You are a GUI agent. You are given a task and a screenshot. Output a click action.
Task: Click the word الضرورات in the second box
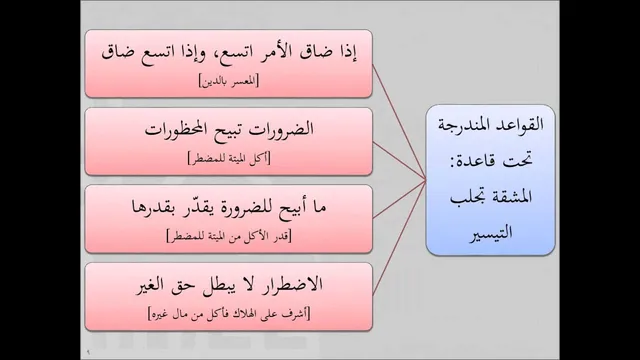click(x=282, y=130)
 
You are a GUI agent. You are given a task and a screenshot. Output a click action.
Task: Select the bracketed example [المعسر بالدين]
click(x=229, y=81)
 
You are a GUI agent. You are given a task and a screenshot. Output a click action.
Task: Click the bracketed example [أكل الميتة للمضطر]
click(x=229, y=158)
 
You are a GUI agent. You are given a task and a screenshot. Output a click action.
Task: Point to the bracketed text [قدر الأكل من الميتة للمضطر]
click(x=229, y=236)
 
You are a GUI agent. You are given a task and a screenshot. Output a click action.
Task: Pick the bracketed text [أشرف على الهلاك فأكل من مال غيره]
click(x=229, y=314)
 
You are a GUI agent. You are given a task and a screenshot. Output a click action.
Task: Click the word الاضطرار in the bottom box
click(x=290, y=284)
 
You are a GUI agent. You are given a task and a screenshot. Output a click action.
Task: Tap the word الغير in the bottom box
click(x=150, y=284)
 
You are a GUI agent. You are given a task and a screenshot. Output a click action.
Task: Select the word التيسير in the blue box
click(x=491, y=233)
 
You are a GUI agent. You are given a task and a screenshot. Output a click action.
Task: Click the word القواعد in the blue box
click(x=522, y=124)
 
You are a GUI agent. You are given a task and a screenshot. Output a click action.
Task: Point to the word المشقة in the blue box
click(x=512, y=197)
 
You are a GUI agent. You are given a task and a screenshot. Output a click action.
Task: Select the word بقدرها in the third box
click(x=152, y=207)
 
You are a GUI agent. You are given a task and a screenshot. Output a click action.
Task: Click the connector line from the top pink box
click(x=399, y=122)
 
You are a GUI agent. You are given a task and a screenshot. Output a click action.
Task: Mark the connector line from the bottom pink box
click(x=399, y=238)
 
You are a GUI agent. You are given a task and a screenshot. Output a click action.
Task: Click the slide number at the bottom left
click(x=88, y=351)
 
